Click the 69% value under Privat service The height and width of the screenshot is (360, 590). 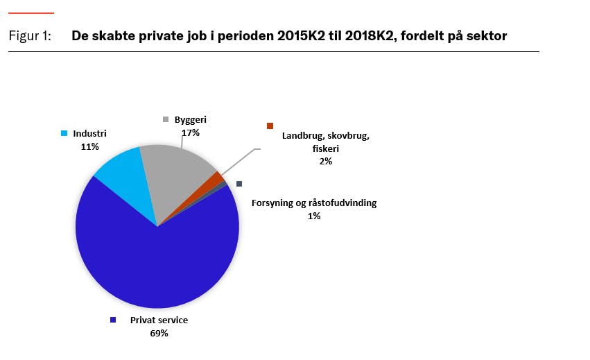159,333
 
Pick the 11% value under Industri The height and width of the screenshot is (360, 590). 90,146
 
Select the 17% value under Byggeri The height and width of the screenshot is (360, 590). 191,132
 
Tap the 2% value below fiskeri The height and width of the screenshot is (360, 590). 326,161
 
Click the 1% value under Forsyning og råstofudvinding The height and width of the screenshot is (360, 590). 314,216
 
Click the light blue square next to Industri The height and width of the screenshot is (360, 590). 65,133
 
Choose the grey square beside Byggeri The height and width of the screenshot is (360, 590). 166,119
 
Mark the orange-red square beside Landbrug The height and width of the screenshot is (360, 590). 270,126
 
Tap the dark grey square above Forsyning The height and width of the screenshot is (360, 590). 239,184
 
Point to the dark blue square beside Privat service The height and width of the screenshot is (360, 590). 112,320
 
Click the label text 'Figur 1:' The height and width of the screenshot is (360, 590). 30,36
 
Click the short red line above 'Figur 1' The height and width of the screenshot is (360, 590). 31,12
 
